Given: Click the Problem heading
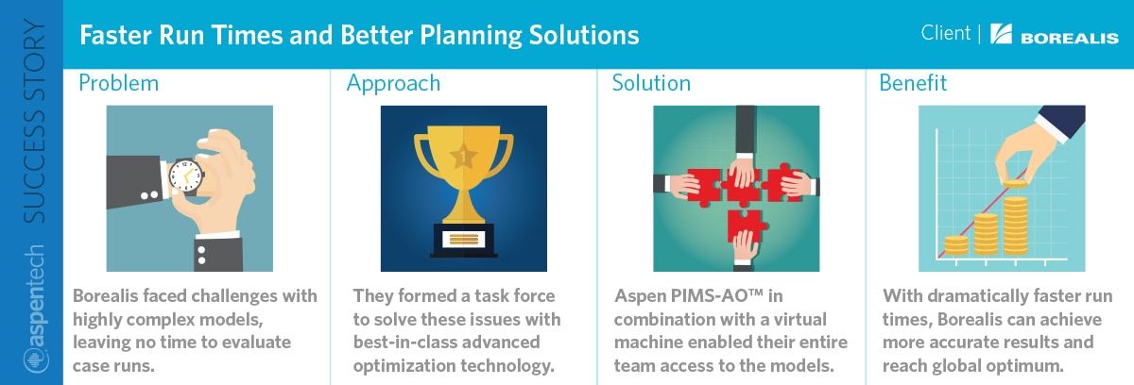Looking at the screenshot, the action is [118, 83].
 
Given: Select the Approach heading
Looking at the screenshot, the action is [393, 84].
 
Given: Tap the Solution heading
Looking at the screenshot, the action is [651, 83].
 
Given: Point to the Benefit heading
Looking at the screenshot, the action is [913, 83].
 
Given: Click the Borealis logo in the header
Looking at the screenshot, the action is [1054, 34].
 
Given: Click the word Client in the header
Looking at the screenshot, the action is [945, 33].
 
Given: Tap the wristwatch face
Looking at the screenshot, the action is [185, 176].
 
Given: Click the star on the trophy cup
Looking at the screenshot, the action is [463, 156].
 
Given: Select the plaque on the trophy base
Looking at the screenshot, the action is [464, 239].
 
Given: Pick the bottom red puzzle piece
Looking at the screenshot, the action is [745, 226].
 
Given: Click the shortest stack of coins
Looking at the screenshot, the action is [956, 245].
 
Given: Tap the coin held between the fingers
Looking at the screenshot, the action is [1016, 183].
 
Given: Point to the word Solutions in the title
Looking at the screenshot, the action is [584, 35].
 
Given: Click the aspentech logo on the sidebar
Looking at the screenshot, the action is [36, 310].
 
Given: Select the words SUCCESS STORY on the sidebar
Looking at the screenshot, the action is [35, 122].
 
